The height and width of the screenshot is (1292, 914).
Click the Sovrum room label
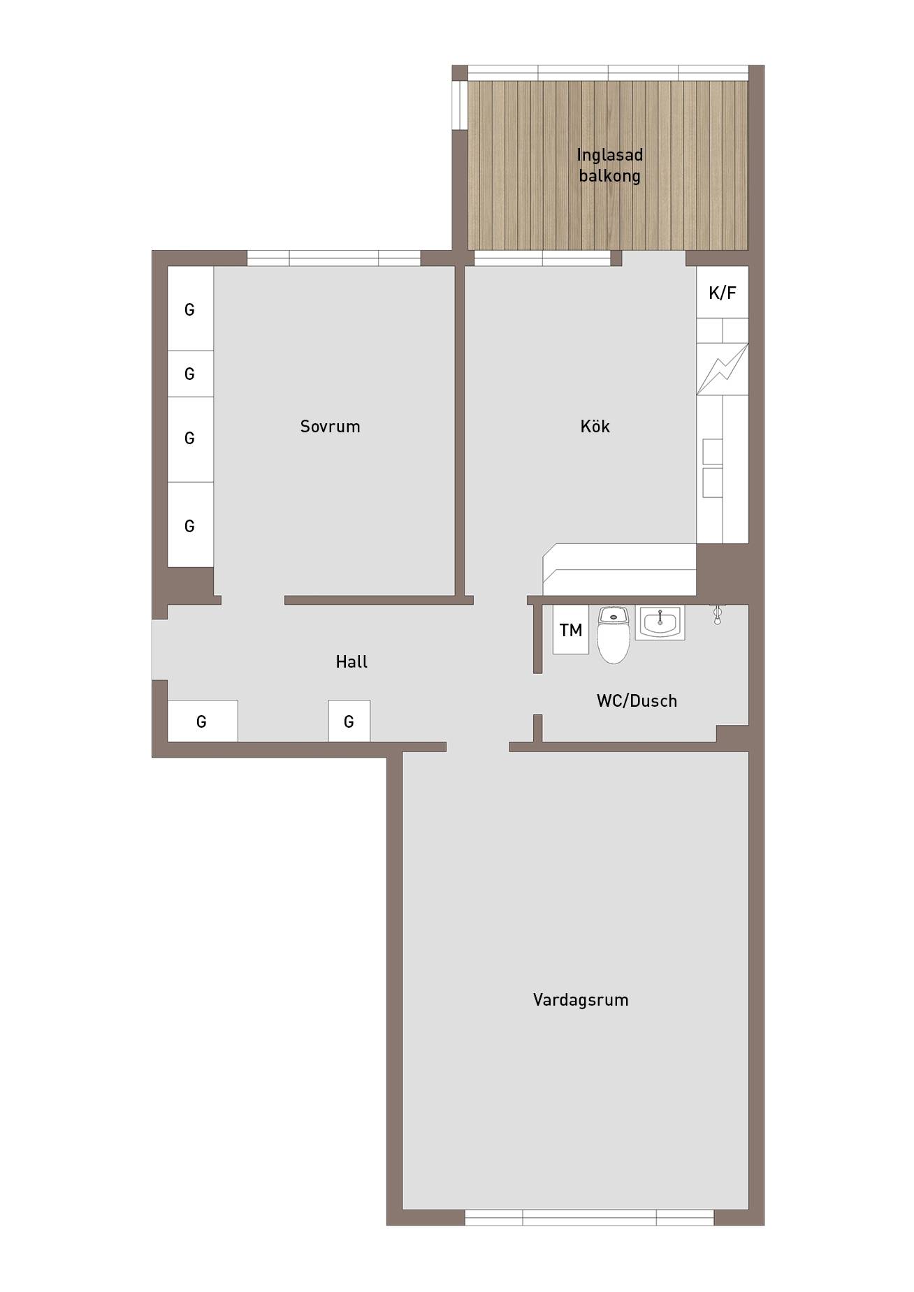(330, 427)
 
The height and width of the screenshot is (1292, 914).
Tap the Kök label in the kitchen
(595, 426)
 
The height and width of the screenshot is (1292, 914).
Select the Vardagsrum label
(581, 1000)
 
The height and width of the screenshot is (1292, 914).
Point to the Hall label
(351, 661)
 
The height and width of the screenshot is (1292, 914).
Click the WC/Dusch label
(637, 700)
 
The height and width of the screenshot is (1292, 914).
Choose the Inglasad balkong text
(609, 165)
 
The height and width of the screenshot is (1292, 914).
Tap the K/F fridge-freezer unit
(723, 293)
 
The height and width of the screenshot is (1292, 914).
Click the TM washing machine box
(571, 630)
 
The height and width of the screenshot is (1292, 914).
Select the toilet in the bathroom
(614, 634)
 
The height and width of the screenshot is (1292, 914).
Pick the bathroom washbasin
(660, 622)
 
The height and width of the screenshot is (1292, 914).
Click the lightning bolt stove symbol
(723, 369)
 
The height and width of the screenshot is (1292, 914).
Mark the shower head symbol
(717, 614)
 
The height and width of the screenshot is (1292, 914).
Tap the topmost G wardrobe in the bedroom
(190, 309)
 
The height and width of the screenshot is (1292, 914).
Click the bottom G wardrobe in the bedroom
(190, 524)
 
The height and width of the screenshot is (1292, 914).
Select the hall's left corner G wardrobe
(203, 721)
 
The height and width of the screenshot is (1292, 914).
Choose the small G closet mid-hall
(349, 721)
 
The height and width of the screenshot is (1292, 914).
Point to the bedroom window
(334, 258)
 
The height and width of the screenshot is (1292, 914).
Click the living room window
(589, 1217)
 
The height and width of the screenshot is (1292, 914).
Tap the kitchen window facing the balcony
(542, 258)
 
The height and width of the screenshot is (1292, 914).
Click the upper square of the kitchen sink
(712, 452)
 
